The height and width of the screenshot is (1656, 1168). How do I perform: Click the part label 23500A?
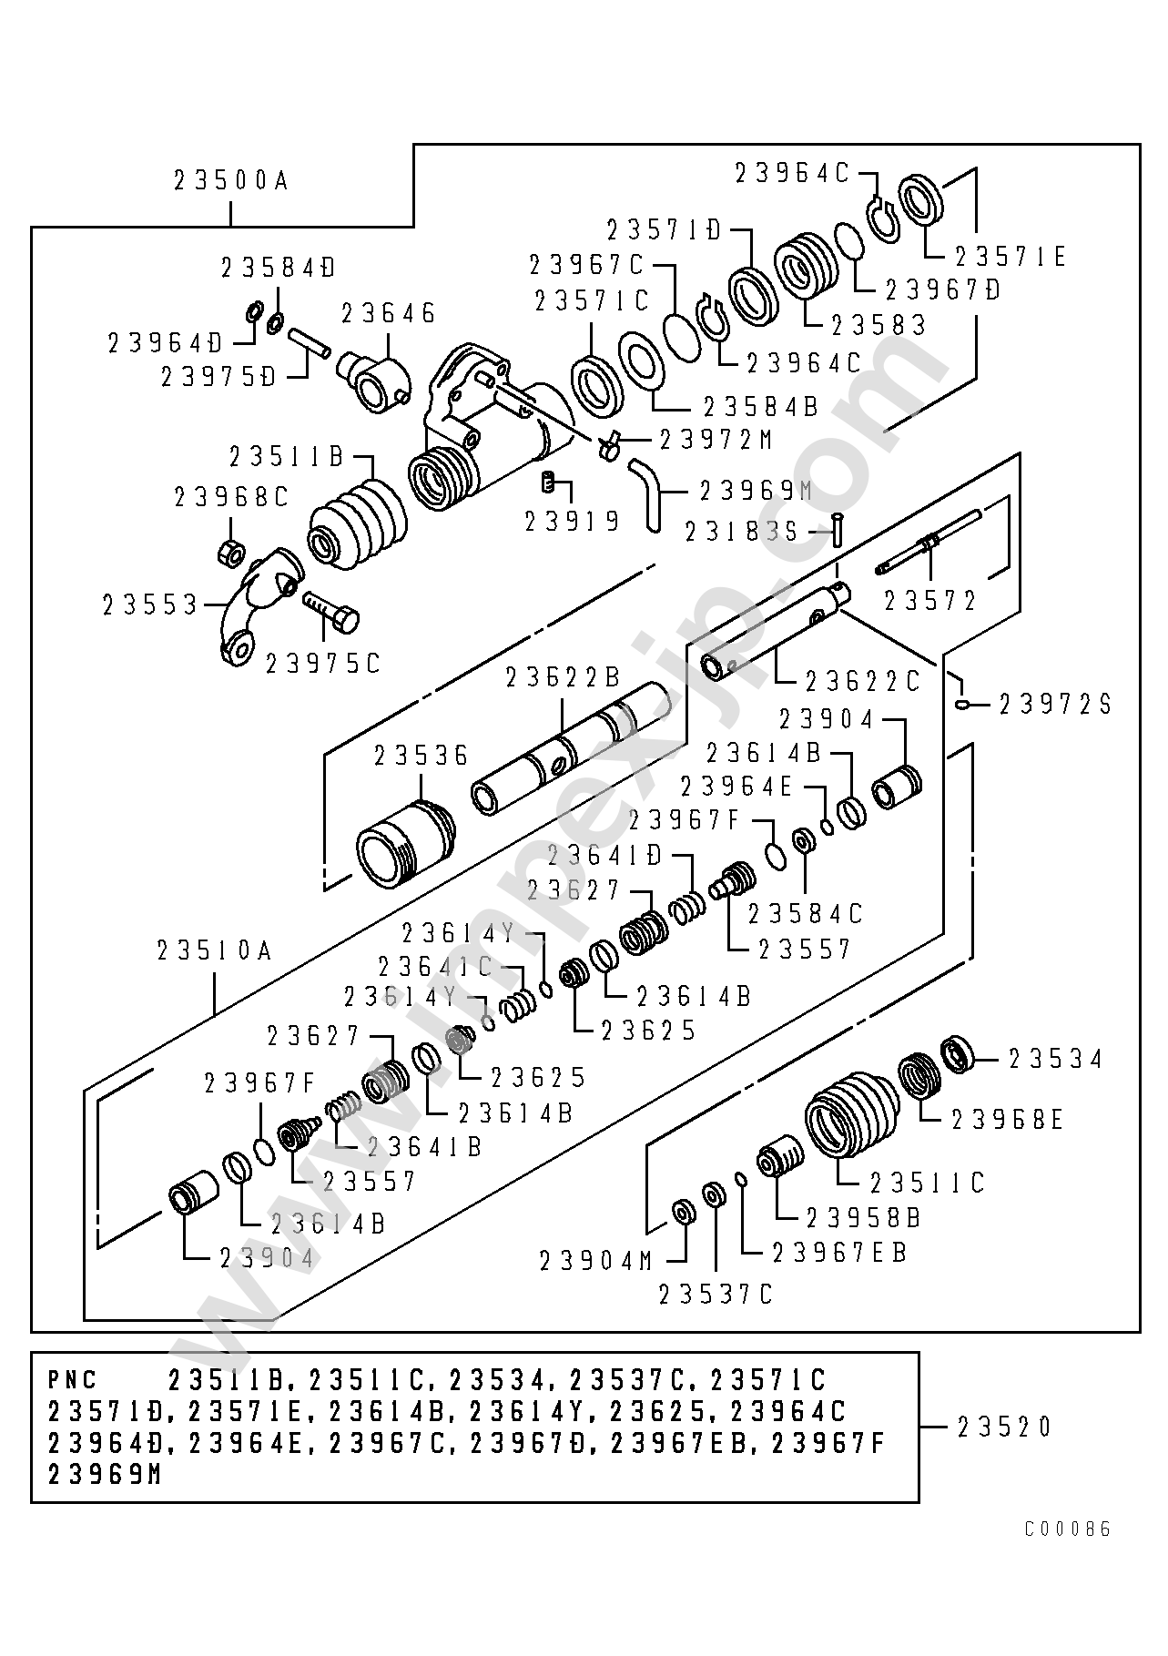tap(230, 181)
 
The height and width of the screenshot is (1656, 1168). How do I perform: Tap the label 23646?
tap(389, 314)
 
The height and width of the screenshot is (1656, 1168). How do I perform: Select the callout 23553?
tap(150, 604)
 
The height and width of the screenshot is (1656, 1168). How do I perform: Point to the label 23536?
tap(421, 755)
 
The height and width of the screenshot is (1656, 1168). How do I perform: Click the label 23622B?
tap(563, 677)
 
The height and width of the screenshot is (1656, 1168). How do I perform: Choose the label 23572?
tap(930, 601)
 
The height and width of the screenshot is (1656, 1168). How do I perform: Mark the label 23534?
tap(1056, 1059)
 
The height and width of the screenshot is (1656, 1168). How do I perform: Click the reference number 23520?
tap(1005, 1426)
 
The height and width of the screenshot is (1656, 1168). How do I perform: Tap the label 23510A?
tap(215, 951)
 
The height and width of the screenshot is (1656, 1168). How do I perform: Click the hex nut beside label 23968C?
tap(231, 551)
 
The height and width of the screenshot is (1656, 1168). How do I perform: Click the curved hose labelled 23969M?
tap(645, 492)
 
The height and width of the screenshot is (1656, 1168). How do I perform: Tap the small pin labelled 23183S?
tap(838, 529)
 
